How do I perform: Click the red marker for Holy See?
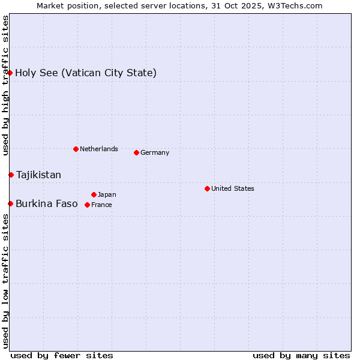10,73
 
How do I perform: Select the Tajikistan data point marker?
11,175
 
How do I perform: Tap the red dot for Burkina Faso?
10,203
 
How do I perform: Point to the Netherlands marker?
76,149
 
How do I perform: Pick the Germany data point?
136,152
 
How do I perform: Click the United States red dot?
207,188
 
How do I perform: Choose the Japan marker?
94,194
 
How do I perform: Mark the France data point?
87,205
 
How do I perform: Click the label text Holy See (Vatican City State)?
86,73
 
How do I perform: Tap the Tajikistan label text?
38,175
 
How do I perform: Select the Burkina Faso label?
47,204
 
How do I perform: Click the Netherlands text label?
99,149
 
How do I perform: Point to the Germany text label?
155,152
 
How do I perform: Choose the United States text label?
233,188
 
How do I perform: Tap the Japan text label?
107,194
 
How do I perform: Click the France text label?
101,205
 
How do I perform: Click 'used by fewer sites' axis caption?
62,355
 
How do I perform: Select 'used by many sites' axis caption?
301,355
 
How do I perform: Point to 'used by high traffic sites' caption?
5,85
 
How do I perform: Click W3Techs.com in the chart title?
295,5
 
